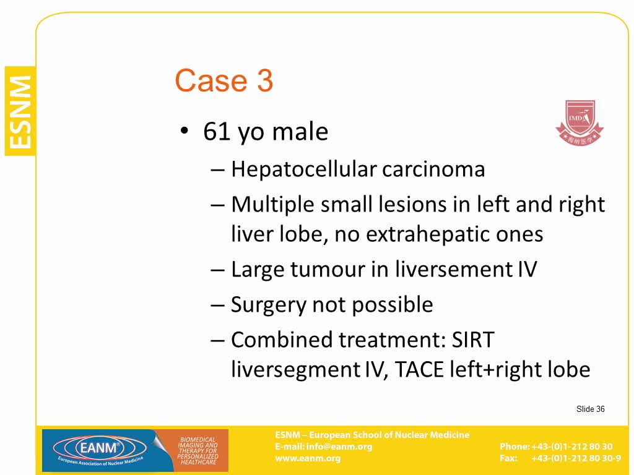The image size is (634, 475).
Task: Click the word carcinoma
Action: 433,169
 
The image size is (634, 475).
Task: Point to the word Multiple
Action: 273,205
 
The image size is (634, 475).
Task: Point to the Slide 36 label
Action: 590,409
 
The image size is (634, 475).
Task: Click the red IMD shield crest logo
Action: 580,123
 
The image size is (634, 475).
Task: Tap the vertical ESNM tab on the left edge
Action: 20,111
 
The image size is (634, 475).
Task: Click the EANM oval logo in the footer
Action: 100,449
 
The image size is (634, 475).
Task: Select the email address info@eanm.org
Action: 339,447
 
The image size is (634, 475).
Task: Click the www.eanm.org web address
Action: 308,459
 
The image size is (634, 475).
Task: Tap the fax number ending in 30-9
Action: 576,458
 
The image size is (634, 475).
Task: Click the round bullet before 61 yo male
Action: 185,131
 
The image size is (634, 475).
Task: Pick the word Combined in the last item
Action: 282,340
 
